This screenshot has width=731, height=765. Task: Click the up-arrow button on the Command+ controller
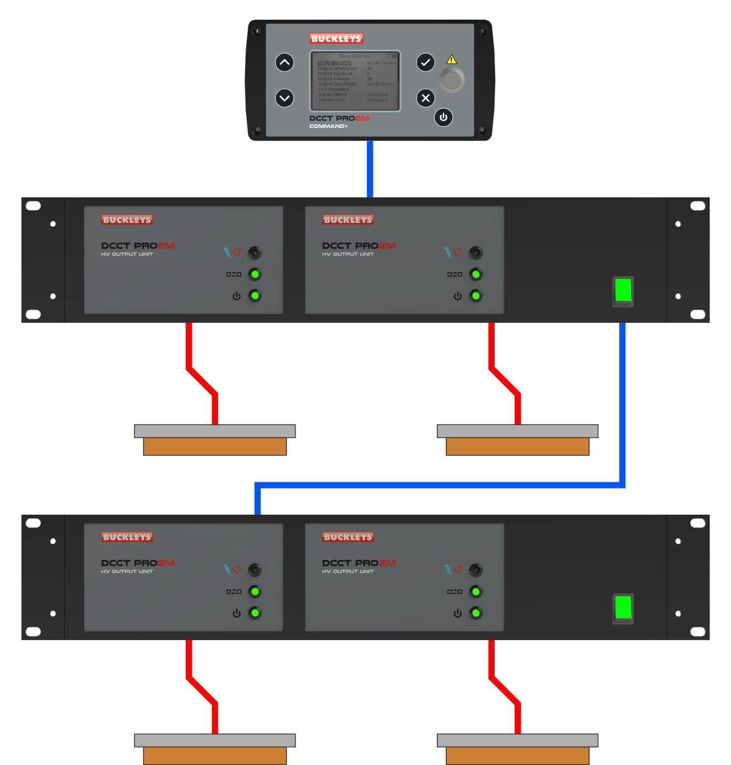[284, 62]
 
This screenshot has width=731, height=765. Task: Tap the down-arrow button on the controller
[284, 97]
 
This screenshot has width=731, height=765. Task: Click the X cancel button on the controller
[426, 97]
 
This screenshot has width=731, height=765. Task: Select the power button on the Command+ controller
[443, 117]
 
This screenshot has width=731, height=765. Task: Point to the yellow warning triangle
[451, 60]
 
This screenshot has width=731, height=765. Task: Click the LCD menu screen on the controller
[356, 80]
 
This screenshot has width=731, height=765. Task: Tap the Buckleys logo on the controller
[336, 38]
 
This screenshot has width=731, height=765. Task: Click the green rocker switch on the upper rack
[623, 291]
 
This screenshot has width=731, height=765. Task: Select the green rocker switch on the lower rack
[623, 608]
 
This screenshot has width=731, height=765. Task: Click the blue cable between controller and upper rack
[370, 169]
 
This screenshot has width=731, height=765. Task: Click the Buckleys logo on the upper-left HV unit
[127, 220]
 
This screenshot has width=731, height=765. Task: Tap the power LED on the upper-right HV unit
[476, 296]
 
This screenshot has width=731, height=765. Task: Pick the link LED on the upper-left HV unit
[255, 274]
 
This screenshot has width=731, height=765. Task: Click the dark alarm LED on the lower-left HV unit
[255, 570]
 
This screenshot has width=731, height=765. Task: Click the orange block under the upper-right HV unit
[517, 446]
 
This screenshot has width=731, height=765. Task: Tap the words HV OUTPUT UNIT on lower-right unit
[348, 571]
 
